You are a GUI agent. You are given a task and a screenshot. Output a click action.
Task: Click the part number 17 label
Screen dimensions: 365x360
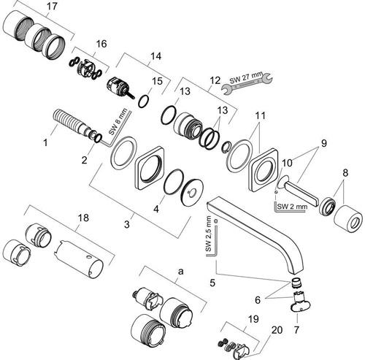point(52,6)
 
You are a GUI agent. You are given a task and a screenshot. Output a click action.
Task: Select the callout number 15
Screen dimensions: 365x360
point(157,81)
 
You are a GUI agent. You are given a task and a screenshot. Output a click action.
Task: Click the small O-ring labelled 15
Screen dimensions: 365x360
point(144,101)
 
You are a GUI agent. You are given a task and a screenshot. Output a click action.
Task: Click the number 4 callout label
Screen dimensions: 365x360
point(156,209)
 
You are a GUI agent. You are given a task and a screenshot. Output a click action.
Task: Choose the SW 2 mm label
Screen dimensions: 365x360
point(292,207)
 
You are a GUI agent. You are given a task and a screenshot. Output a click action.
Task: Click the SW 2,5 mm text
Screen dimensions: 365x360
point(209,234)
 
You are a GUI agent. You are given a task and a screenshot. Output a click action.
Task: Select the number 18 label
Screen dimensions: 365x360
point(83,218)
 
